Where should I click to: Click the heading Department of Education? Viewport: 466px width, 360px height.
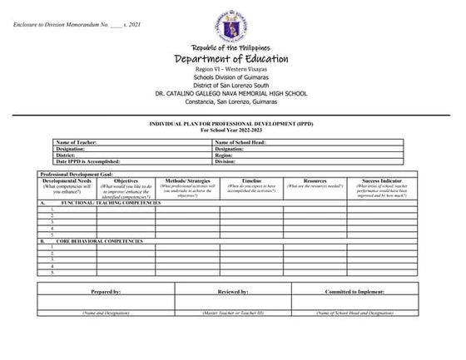(x=232, y=60)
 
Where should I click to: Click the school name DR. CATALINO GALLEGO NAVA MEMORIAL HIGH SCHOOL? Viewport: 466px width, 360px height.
(x=232, y=93)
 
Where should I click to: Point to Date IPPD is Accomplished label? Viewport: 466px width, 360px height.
(x=89, y=161)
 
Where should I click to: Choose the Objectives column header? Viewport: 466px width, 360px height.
(x=126, y=180)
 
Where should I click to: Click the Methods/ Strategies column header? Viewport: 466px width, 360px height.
(x=187, y=180)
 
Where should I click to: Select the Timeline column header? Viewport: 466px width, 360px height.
(x=251, y=180)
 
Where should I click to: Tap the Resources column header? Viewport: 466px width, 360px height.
(x=315, y=180)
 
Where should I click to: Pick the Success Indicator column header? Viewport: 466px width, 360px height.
(x=382, y=180)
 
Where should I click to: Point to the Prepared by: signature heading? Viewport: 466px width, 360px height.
(x=106, y=293)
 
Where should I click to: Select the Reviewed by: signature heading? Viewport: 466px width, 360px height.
(x=233, y=293)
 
